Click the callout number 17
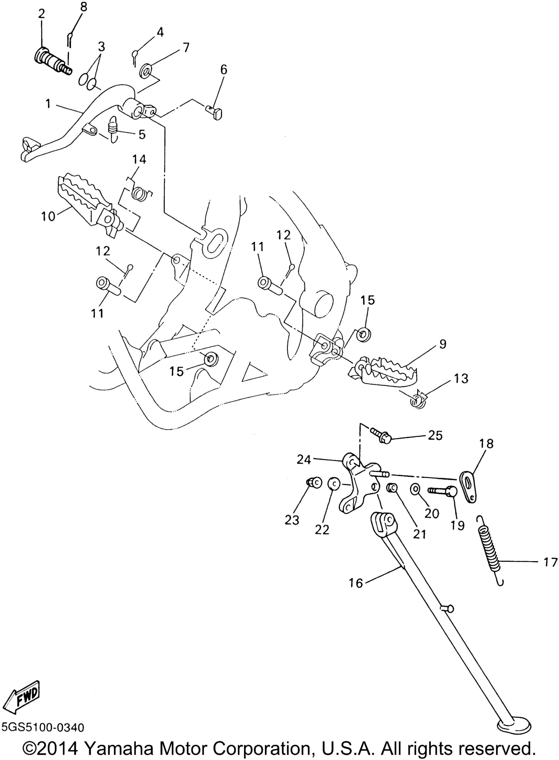pos(550,562)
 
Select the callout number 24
pos(304,460)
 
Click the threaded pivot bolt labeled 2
pos(53,62)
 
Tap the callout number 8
pos(83,7)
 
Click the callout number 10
pos(48,216)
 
